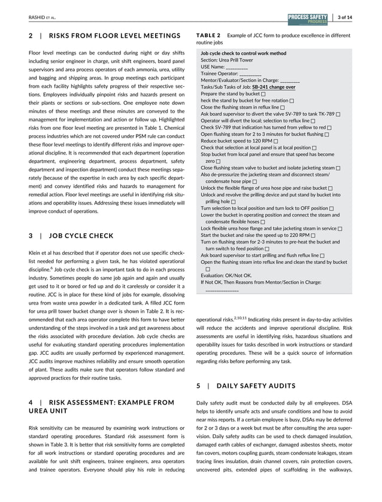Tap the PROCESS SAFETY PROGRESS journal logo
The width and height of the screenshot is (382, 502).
click(307, 17)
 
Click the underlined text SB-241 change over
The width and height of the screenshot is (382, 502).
click(273, 87)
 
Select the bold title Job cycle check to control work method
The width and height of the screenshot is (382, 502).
click(243, 54)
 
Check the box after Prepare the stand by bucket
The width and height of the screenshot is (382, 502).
click(264, 94)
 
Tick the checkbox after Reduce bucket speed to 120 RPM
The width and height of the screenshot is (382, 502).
click(276, 141)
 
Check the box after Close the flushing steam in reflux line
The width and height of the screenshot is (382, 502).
click(283, 107)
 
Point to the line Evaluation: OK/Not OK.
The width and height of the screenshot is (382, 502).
click(226, 276)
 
